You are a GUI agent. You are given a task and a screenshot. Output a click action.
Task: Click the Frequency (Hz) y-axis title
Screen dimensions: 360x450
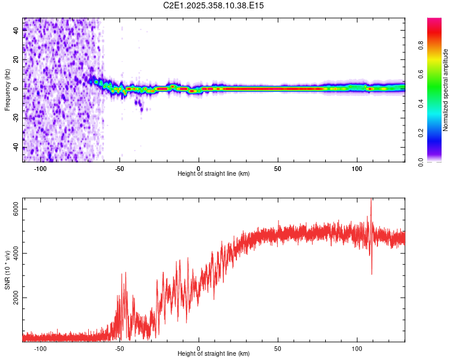coord(7,90)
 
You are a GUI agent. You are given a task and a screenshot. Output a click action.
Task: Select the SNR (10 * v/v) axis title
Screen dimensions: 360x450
coord(7,270)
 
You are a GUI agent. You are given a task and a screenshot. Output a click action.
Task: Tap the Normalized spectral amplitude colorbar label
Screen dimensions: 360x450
coord(446,90)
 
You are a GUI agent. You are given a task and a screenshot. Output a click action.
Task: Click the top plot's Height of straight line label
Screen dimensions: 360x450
coord(214,173)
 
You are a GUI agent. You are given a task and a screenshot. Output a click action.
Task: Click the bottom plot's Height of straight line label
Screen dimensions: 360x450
coord(214,353)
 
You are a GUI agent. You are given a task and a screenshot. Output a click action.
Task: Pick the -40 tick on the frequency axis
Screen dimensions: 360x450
coord(16,147)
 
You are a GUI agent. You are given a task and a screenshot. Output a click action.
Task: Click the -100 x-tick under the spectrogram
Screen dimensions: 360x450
coord(40,169)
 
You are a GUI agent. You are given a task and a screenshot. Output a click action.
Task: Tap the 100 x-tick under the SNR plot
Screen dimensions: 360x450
coord(357,349)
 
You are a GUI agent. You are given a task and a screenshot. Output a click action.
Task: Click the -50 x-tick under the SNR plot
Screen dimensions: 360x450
coord(119,349)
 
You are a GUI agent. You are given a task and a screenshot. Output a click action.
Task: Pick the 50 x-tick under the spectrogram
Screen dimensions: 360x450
coord(278,169)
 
